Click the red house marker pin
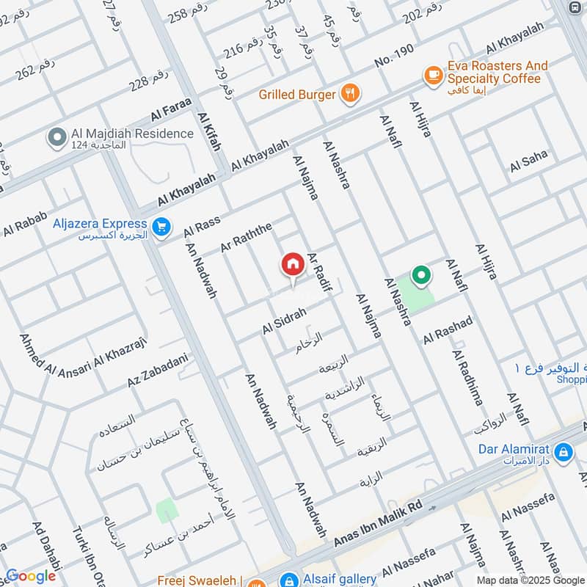click(292, 265)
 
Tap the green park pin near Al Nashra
click(421, 276)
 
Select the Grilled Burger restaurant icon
click(351, 93)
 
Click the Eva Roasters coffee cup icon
click(433, 74)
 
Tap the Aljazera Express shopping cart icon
click(163, 228)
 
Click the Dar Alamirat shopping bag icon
click(564, 453)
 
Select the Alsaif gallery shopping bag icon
click(290, 580)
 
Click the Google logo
click(30, 576)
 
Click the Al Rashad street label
click(448, 331)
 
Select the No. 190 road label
click(393, 62)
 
